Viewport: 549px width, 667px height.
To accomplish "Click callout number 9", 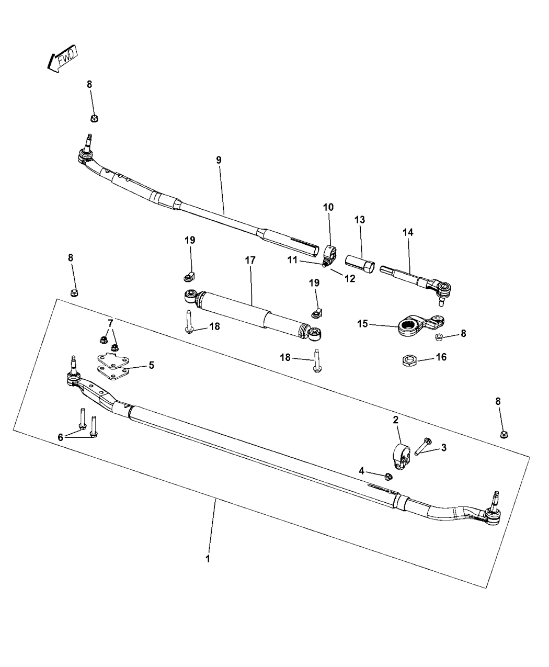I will (x=219, y=160).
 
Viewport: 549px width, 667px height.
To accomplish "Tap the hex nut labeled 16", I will (x=410, y=360).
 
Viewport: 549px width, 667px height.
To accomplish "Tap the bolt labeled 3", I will (x=423, y=446).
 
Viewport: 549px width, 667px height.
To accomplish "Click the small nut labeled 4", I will (x=388, y=476).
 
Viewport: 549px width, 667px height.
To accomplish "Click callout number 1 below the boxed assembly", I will (x=208, y=559).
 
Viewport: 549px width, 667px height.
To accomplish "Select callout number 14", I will (x=408, y=232).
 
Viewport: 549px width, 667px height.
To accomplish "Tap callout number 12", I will (x=349, y=279).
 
